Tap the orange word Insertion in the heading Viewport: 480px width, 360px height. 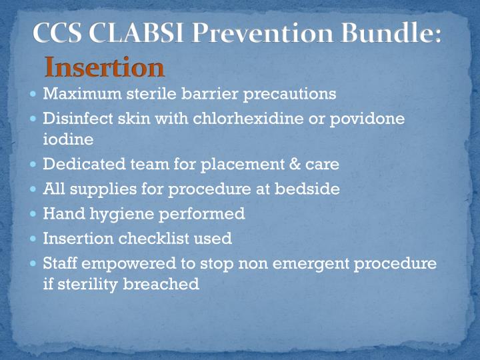point(104,67)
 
